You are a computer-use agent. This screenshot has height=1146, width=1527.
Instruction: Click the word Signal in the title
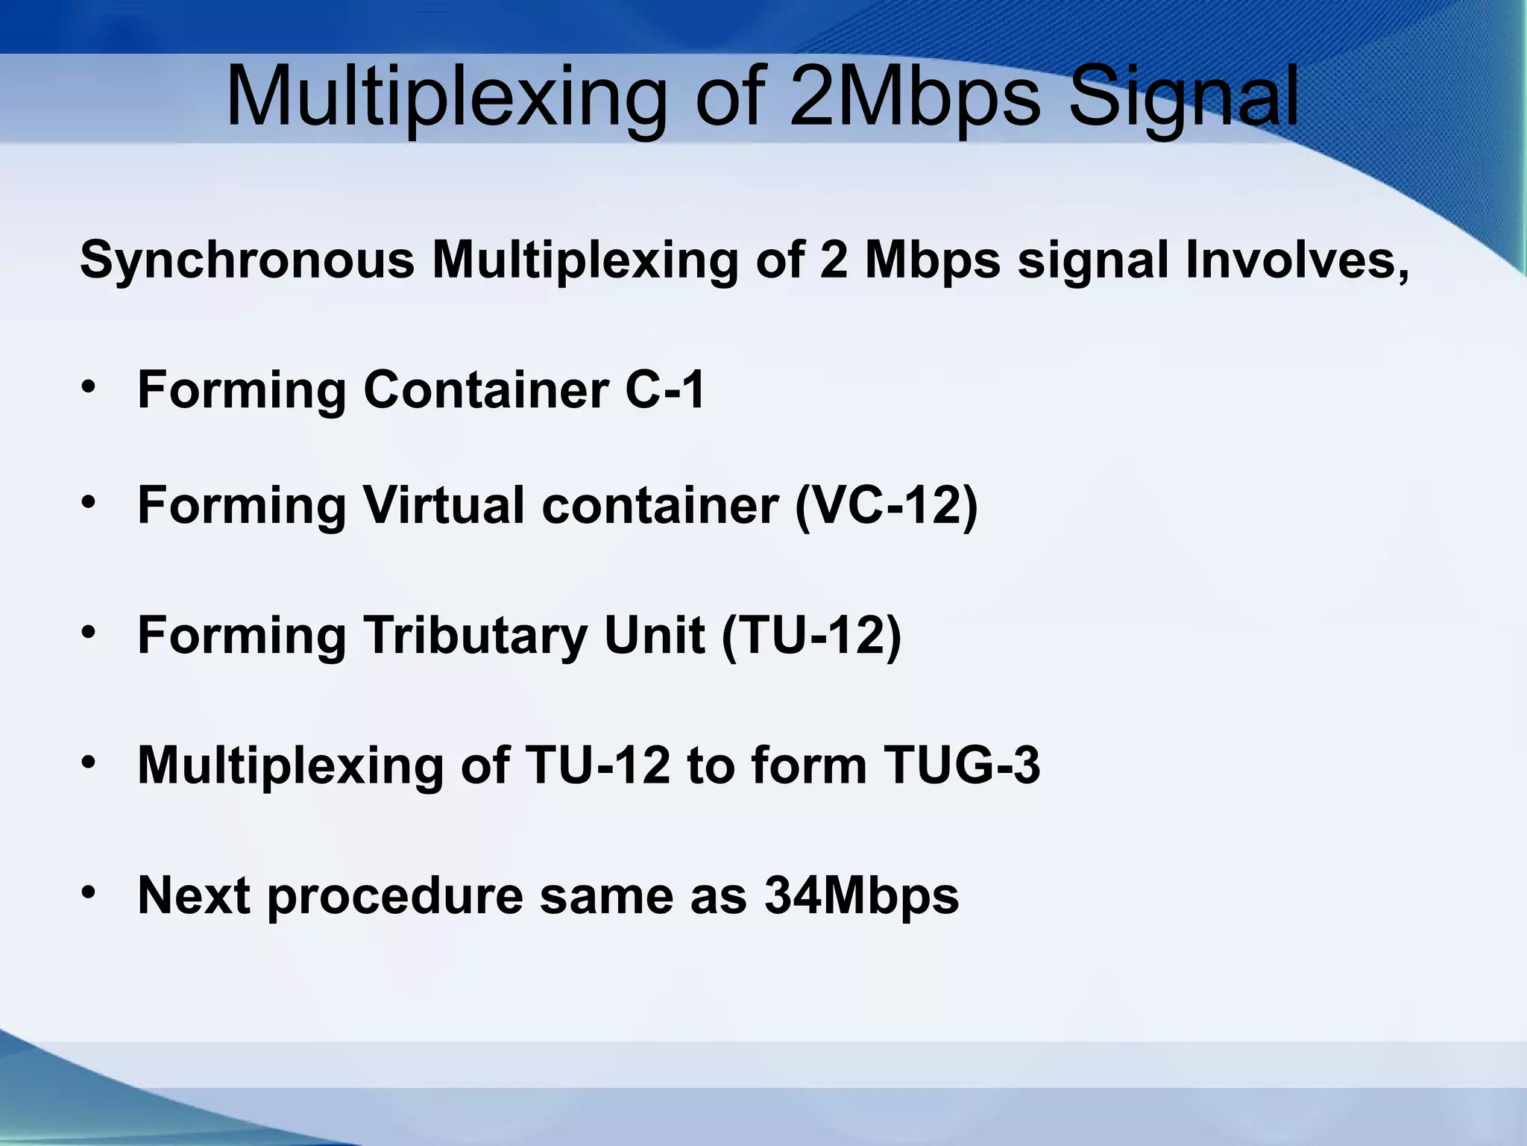point(1184,98)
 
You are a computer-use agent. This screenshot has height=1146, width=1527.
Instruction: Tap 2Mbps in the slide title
point(914,98)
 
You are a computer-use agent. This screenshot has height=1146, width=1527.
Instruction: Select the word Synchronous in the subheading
point(247,260)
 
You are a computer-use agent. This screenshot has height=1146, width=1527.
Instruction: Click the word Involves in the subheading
point(1297,260)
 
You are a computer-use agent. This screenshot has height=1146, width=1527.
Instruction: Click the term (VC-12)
point(887,506)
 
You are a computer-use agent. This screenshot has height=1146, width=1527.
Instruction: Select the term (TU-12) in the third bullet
point(811,636)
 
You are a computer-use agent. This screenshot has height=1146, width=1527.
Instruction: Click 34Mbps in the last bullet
point(861,895)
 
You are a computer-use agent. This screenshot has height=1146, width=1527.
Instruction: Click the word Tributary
point(475,636)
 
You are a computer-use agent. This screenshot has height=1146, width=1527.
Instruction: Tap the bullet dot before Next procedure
point(88,892)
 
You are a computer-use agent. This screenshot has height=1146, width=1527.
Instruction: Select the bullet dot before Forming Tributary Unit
point(88,633)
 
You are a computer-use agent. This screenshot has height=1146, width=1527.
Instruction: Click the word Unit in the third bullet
point(654,636)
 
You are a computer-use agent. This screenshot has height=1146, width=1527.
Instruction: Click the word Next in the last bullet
point(194,895)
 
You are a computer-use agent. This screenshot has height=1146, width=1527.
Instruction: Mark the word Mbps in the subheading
point(932,260)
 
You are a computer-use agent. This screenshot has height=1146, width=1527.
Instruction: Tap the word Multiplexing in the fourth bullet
point(291,765)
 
